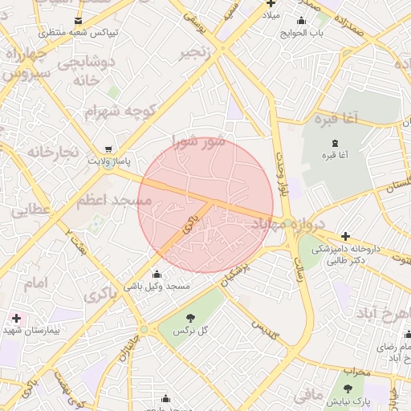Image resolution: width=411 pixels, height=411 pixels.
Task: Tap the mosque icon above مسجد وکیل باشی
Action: (x=156, y=275)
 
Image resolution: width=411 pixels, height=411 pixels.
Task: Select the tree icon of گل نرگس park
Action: (x=190, y=317)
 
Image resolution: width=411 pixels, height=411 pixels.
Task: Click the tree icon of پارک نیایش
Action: (x=348, y=388)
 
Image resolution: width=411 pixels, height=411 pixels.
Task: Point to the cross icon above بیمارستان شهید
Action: (x=15, y=318)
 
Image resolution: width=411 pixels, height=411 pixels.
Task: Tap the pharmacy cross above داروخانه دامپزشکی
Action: (x=345, y=236)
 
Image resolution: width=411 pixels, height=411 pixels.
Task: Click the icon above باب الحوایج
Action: (x=301, y=21)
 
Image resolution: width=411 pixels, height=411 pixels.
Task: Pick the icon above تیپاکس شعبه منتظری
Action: (x=78, y=20)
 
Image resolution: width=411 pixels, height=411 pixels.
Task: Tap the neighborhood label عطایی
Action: (x=31, y=210)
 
